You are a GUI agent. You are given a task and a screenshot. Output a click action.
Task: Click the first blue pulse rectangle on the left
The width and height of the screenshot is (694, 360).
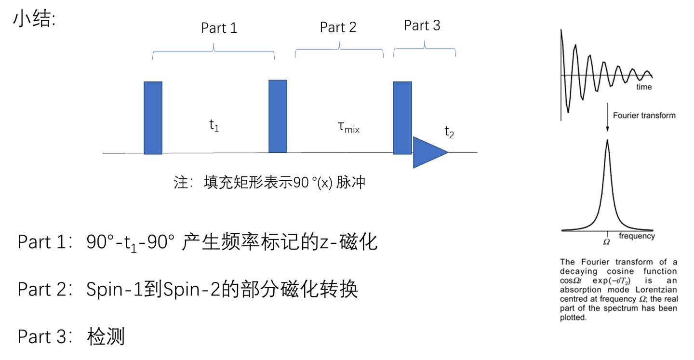(153, 118)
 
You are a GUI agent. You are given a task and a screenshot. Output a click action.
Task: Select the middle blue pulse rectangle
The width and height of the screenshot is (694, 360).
(278, 116)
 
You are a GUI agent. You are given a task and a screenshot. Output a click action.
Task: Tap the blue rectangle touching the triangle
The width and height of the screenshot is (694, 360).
(402, 118)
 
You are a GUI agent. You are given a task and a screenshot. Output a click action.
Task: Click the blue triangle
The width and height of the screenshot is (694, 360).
(427, 152)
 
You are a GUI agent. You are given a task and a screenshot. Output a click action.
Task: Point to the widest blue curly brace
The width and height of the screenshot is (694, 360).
(214, 50)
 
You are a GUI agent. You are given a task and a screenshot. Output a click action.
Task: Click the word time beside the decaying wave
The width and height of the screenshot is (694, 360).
(644, 87)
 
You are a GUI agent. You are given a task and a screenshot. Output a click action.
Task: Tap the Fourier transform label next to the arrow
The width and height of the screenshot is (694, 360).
(644, 116)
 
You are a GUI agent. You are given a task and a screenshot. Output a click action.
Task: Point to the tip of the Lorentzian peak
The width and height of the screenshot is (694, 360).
(607, 141)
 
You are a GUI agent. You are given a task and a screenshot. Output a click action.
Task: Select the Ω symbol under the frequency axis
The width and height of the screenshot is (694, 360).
(607, 241)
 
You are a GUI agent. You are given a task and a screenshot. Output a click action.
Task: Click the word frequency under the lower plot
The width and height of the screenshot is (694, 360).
(637, 236)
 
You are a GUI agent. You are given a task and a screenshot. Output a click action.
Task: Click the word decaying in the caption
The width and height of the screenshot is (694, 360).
(578, 271)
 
